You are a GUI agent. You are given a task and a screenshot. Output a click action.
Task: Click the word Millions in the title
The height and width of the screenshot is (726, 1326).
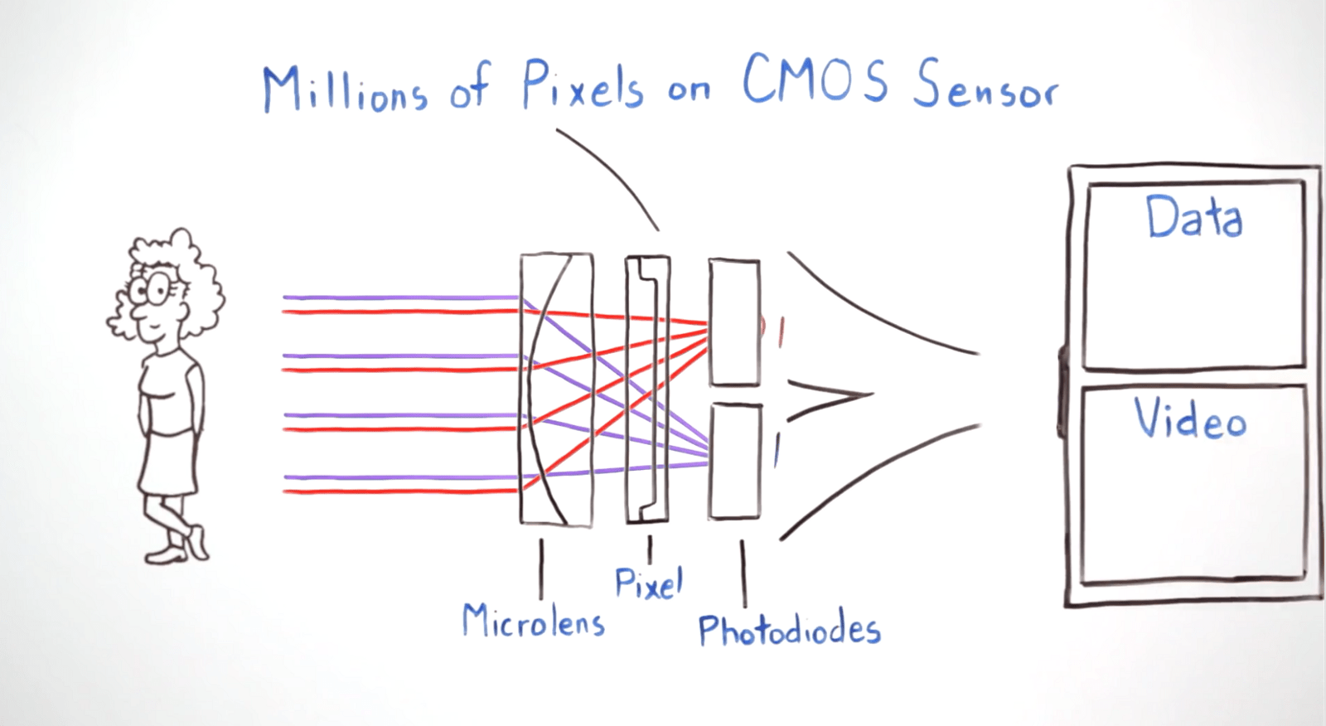point(345,90)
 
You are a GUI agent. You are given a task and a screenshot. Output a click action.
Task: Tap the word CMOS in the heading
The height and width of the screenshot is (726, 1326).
point(814,80)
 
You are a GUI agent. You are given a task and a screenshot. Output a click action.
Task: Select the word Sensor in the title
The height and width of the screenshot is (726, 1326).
point(985,85)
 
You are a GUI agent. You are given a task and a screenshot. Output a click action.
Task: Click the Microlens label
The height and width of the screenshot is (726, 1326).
point(533,621)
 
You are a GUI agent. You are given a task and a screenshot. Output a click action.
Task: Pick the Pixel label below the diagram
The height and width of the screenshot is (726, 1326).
point(648,583)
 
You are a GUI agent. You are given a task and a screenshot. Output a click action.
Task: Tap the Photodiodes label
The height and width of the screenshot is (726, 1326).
point(789,631)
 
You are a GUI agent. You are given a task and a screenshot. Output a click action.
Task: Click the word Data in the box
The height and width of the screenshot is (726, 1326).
point(1193,217)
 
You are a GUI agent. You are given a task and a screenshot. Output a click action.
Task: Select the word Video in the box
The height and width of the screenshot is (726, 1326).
point(1190,419)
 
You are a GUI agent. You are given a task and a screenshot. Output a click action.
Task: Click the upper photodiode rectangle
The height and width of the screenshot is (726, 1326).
point(734,323)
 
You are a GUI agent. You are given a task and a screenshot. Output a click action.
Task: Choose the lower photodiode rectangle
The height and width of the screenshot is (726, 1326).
point(735,461)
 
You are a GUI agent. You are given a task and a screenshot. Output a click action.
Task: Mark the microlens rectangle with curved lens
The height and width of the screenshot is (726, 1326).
point(556,390)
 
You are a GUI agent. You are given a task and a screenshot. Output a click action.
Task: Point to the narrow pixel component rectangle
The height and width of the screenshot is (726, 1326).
point(647,390)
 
